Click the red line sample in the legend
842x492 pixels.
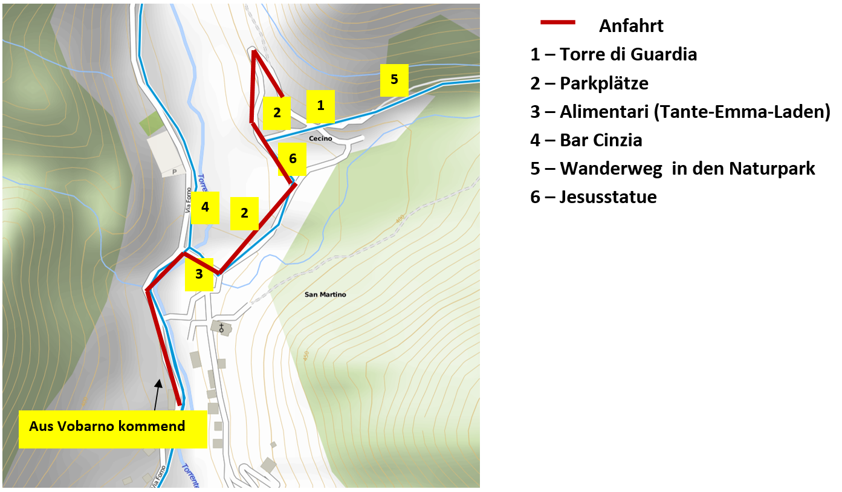tap(557, 22)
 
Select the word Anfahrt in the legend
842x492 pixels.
tap(631, 26)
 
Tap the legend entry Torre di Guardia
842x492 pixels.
tap(614, 54)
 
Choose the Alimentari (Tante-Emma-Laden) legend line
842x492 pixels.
tap(680, 112)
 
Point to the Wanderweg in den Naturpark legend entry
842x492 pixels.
tap(673, 169)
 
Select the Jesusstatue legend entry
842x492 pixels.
tap(594, 197)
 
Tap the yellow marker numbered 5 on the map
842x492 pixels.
tap(394, 80)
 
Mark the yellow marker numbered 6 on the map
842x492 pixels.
tap(293, 159)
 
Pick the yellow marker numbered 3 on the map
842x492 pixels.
tap(199, 274)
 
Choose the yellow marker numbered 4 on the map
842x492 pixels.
tap(206, 207)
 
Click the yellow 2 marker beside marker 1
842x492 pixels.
tap(277, 113)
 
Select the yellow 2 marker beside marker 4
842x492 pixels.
tap(244, 213)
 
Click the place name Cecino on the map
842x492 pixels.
tap(320, 139)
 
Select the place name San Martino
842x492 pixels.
tap(325, 295)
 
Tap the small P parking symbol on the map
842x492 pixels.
tap(175, 172)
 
